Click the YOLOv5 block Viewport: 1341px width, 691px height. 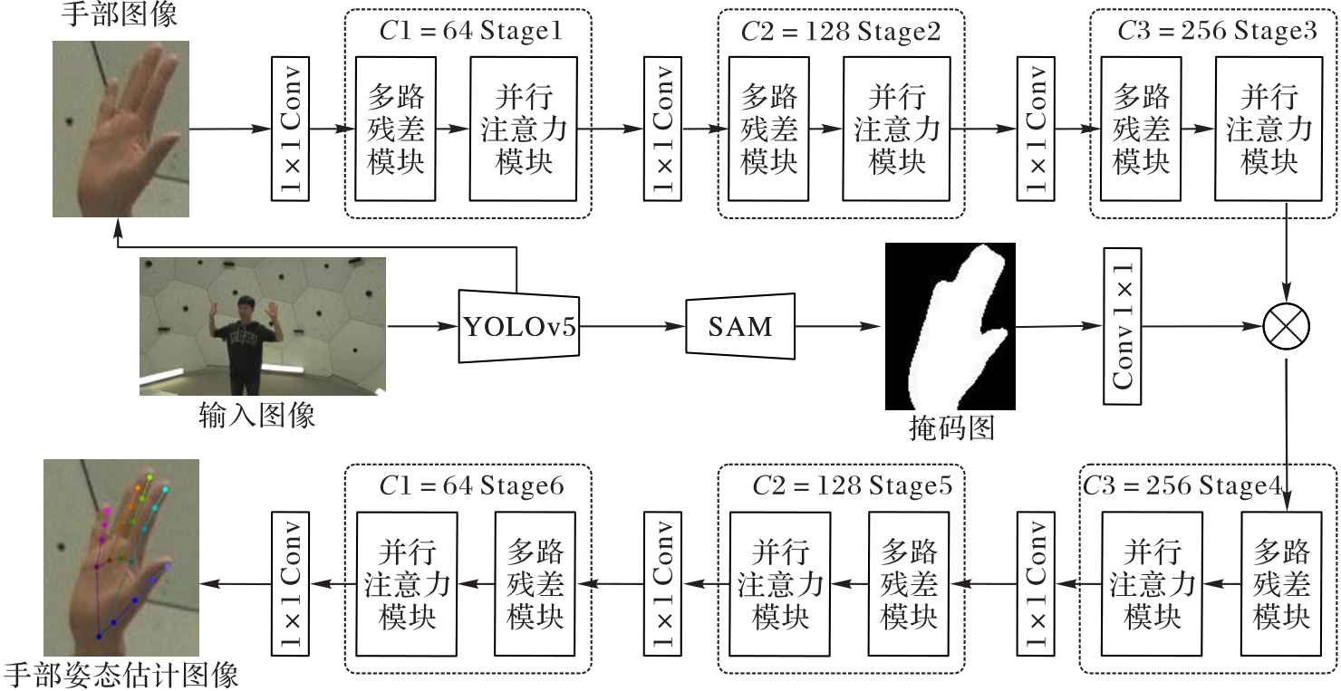point(519,326)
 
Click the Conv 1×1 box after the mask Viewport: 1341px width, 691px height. point(1123,326)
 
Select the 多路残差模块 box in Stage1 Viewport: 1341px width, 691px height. point(396,129)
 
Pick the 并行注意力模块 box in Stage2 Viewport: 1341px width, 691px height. point(896,129)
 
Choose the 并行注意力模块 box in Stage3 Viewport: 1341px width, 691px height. point(1269,129)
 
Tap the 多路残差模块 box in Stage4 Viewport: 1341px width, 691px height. point(1281,584)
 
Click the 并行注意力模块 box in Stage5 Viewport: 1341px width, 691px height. point(780,584)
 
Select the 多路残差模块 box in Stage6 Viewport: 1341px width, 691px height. point(535,584)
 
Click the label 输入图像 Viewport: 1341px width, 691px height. point(257,415)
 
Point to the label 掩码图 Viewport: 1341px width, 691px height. point(951,427)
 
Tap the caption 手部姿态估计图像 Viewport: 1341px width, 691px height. point(121,676)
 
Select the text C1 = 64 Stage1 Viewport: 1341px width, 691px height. point(470,33)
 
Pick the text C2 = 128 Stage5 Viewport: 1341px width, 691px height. point(852,486)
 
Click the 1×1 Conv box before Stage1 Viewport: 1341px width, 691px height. point(290,129)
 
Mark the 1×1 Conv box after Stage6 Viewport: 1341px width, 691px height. point(290,584)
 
